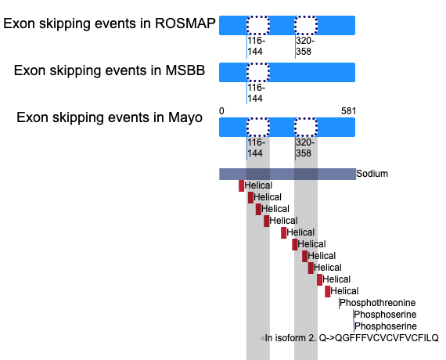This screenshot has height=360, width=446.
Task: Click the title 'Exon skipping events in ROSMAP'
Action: pos(110,23)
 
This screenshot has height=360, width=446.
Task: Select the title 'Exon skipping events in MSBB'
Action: pos(110,70)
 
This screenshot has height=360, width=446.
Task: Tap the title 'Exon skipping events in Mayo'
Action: pos(110,117)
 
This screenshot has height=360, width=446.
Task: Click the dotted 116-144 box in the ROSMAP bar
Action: pos(258,25)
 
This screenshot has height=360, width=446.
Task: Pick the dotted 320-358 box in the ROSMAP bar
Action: pos(306,25)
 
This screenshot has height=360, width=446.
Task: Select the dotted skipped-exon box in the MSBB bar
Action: pos(258,72)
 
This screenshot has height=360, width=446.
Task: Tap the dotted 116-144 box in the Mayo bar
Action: pos(258,127)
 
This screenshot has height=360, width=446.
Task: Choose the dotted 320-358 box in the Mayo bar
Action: pos(306,127)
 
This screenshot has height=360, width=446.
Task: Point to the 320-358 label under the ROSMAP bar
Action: pos(305,46)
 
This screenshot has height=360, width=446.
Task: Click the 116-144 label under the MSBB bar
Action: pos(257,93)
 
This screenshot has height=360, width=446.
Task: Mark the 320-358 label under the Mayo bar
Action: pos(305,148)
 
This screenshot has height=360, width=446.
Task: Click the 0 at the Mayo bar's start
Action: pos(221,110)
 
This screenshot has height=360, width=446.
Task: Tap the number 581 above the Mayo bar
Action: pos(348,110)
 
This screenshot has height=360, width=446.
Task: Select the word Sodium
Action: pos(372,174)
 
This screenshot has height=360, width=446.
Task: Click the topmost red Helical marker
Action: pos(241,185)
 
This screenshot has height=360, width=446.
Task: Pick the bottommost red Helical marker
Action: pos(328,291)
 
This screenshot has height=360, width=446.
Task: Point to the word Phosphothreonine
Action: pos(378,303)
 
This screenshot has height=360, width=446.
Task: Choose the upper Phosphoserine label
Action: pos(385,315)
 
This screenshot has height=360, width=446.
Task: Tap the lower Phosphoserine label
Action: pos(386,326)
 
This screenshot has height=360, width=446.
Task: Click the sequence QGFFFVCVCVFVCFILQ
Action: pos(387,338)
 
